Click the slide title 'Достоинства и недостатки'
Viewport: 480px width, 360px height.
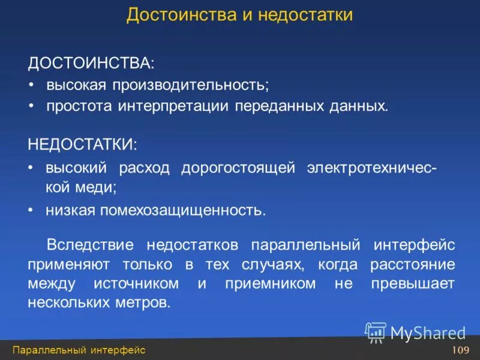(239, 14)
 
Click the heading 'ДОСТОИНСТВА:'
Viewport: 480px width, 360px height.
(91, 62)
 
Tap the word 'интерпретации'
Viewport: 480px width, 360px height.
(179, 107)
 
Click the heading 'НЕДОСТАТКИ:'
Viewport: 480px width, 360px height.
(82, 145)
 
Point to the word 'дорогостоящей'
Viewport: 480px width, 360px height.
(238, 167)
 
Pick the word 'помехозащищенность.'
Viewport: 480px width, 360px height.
(193, 210)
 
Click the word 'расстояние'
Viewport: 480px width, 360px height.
(412, 264)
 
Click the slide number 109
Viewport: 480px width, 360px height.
(460, 350)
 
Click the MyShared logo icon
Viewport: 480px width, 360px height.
(376, 331)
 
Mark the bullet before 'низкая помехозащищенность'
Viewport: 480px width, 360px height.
(32, 211)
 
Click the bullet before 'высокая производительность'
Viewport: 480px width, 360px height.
(32, 85)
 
